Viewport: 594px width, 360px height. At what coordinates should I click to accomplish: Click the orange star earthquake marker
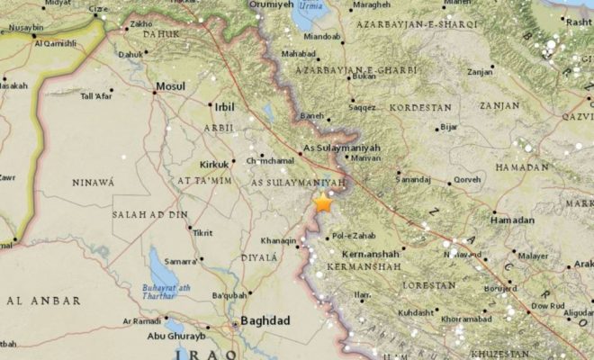323,203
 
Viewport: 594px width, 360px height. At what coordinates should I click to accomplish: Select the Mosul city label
170,87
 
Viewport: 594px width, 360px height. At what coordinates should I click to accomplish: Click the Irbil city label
224,106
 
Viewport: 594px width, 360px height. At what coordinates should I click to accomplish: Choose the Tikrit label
202,232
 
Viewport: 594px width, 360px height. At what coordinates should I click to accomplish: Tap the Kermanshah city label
363,254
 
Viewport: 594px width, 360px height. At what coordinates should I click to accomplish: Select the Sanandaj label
414,179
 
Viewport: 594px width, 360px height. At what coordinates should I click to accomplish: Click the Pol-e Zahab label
352,237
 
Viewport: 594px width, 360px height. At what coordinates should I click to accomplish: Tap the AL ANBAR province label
41,300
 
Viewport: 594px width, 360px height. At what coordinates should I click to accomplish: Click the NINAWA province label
94,183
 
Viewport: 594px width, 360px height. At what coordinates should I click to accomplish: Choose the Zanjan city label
482,70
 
